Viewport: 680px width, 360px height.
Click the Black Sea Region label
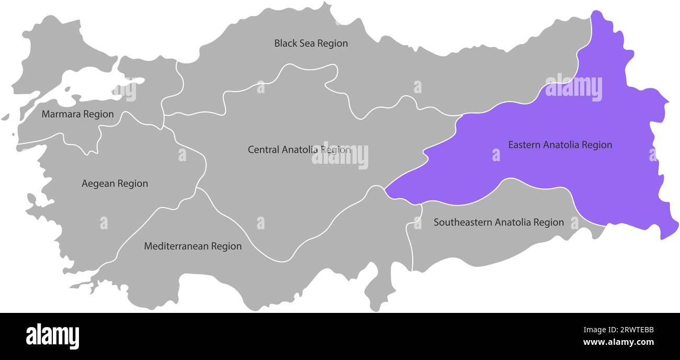[x=311, y=43]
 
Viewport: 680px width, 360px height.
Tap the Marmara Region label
[x=77, y=114]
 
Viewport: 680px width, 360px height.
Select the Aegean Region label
[x=115, y=184]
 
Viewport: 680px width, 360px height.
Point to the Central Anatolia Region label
[x=299, y=150]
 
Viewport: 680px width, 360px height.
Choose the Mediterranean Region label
[x=192, y=246]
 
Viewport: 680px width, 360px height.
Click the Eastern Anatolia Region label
[x=560, y=145]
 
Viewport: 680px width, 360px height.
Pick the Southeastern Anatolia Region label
[x=498, y=222]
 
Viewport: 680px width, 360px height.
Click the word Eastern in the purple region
[x=524, y=145]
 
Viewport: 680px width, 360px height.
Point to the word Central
[x=263, y=150]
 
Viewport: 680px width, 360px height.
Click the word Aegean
[x=98, y=184]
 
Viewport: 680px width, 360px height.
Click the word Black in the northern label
[x=285, y=43]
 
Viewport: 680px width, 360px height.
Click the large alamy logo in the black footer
[x=52, y=336]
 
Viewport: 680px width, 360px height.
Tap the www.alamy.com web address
[x=618, y=343]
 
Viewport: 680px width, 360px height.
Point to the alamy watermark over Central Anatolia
[x=340, y=156]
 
